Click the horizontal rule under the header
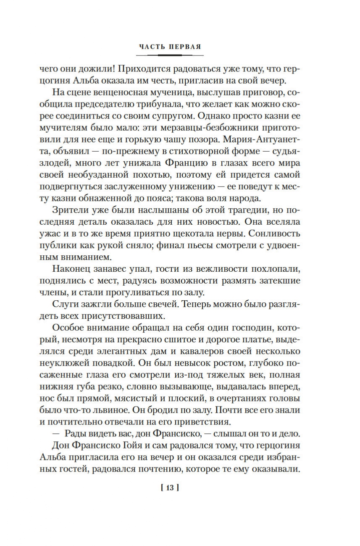pos(171,55)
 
